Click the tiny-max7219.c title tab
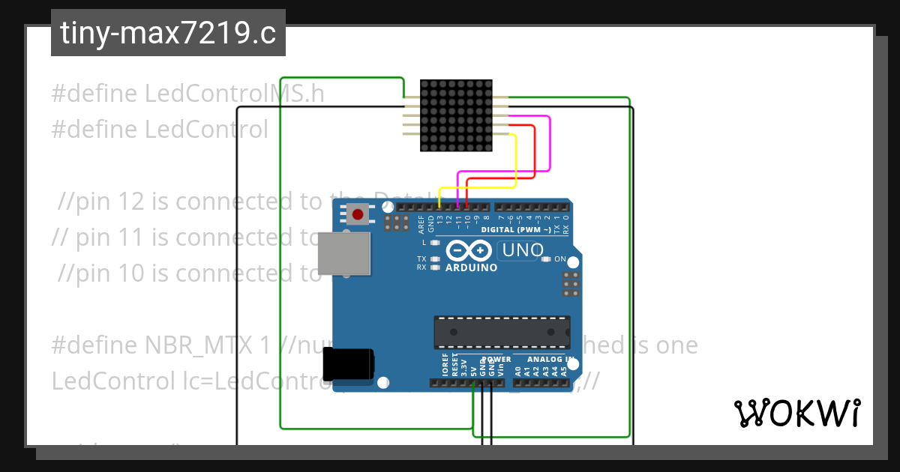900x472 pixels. point(168,33)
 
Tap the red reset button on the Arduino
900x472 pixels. point(358,215)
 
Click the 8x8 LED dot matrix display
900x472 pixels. point(456,116)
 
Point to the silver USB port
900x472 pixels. point(344,252)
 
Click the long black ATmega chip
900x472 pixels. point(502,332)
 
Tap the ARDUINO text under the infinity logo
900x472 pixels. point(471,267)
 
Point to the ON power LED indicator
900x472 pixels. point(559,259)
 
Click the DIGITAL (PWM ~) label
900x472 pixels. point(516,230)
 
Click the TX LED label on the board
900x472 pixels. point(421,258)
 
